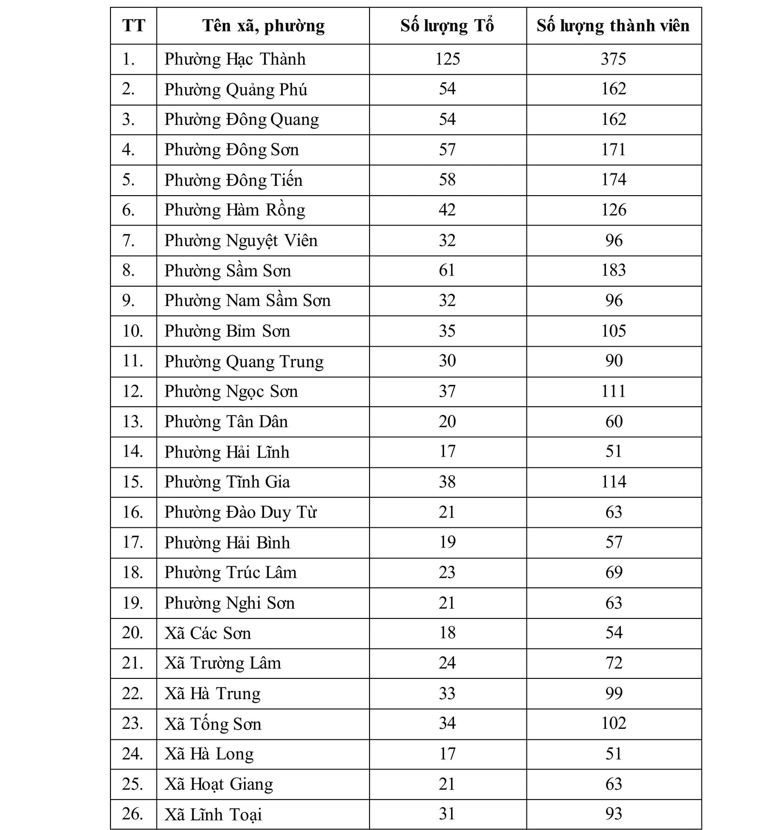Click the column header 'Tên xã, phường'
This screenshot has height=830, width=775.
point(263,26)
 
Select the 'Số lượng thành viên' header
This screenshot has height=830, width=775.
point(613,26)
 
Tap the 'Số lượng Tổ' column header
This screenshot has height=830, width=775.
point(447,26)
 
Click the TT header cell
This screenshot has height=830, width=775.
point(134,26)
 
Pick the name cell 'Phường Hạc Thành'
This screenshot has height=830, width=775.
point(235,59)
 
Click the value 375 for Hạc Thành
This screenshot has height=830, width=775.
point(613,59)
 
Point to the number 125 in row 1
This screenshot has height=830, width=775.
point(447,59)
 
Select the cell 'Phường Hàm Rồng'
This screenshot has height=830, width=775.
point(235,210)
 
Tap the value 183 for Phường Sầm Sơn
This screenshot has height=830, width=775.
point(613,270)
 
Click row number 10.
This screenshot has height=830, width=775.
point(133,331)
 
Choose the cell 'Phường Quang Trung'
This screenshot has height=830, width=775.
point(244,361)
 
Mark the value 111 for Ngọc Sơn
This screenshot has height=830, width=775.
point(613,391)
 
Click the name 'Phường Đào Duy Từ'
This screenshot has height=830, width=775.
point(240,512)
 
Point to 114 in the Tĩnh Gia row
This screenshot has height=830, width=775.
point(613,482)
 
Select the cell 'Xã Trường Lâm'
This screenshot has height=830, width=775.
point(222,663)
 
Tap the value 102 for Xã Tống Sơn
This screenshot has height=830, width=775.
point(613,723)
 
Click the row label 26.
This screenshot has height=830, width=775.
point(133,814)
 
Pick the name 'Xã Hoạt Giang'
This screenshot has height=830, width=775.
point(218,784)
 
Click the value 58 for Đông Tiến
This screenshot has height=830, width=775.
point(447,180)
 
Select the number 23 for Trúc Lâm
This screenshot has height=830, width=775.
point(447,572)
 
